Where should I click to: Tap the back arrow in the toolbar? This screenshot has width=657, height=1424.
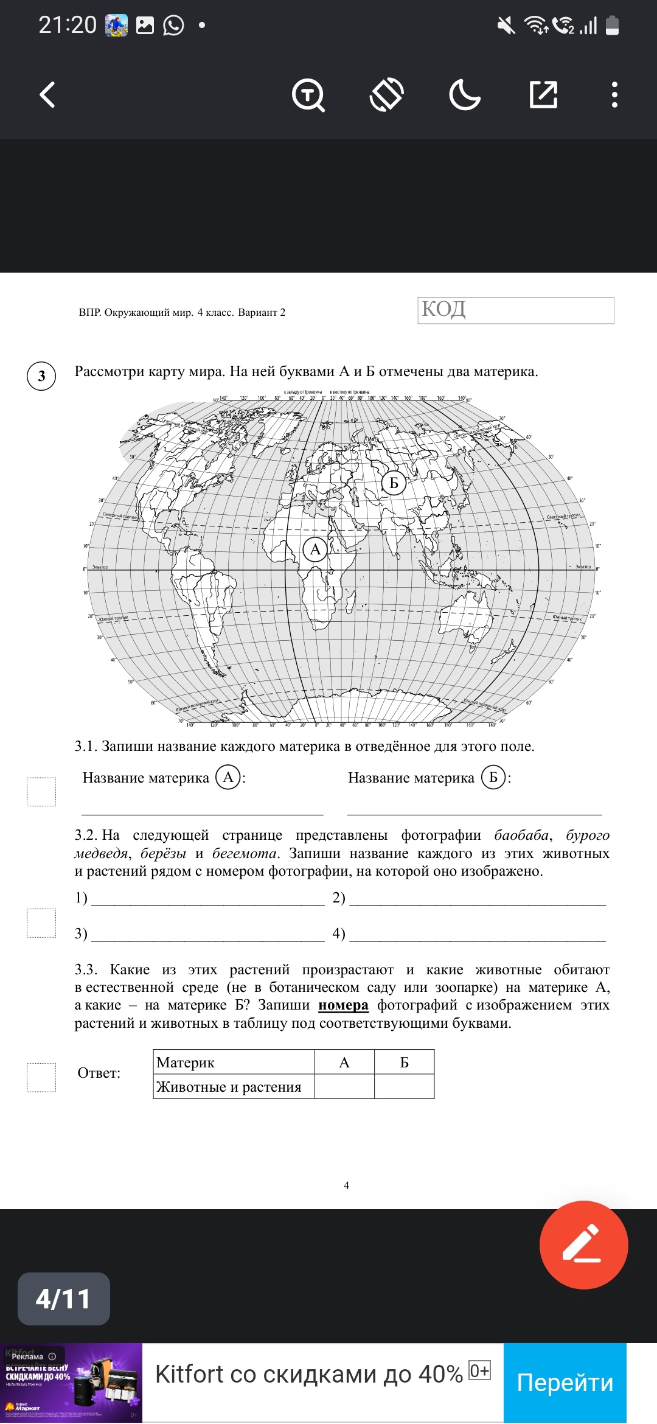click(x=47, y=95)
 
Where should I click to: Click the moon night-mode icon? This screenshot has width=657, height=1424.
click(x=464, y=95)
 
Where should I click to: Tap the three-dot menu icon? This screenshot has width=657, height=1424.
click(x=614, y=95)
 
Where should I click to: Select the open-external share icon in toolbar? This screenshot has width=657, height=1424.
click(x=543, y=95)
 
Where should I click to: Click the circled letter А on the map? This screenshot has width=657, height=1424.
click(x=315, y=550)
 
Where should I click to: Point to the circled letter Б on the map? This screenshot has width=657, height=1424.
click(x=394, y=483)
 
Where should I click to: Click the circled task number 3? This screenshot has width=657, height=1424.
click(x=41, y=375)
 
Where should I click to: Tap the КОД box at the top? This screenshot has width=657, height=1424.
click(x=515, y=310)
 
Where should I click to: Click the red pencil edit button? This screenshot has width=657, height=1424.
click(x=583, y=1244)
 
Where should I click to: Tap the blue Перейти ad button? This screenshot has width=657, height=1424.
click(x=565, y=1383)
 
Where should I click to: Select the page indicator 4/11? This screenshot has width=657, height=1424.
click(x=63, y=1299)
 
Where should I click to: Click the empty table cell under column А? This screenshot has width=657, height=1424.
click(x=344, y=1086)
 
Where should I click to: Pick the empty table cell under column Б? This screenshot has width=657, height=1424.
click(x=404, y=1086)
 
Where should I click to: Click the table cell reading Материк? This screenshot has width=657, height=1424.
click(x=234, y=1062)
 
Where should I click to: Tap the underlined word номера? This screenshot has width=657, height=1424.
click(x=343, y=1005)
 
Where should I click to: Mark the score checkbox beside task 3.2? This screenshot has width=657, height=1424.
click(x=41, y=923)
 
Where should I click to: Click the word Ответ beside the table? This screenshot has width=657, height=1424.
click(x=99, y=1073)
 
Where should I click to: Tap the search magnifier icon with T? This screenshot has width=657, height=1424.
click(x=308, y=95)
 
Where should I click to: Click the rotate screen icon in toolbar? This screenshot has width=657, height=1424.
click(x=386, y=95)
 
